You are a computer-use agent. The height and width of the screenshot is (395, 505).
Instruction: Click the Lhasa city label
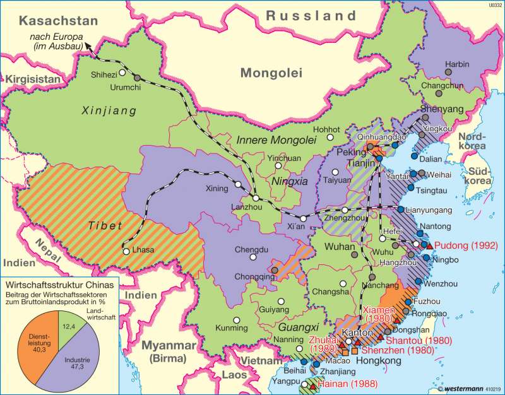pyautogui.click(x=143, y=251)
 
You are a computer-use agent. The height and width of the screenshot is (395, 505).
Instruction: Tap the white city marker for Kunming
pyautogui.click(x=235, y=319)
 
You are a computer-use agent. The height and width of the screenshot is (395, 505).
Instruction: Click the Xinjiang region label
pyautogui.click(x=109, y=111)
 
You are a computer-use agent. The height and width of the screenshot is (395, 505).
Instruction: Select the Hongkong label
pyautogui.click(x=379, y=360)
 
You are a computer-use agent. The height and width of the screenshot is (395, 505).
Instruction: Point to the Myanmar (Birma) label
pyautogui.click(x=166, y=351)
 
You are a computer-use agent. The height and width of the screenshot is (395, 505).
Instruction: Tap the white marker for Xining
pyautogui.click(x=238, y=184)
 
